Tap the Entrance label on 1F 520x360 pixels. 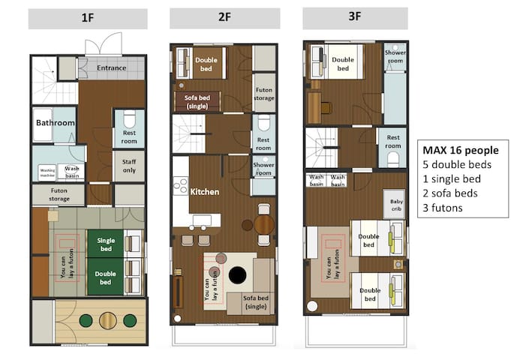pos(112,68)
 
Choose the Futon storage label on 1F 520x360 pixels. pos(58,195)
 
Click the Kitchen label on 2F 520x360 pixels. pos(205,192)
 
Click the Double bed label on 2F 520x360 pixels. pos(206,61)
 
